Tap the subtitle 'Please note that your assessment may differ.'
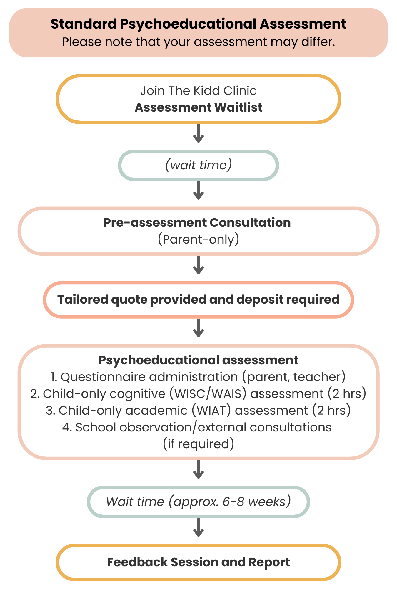point(199,42)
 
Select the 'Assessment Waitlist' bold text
point(199,107)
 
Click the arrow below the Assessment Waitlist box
point(199,134)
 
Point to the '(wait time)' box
point(199,165)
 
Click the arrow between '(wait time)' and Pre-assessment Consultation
point(199,191)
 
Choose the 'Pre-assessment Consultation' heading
point(197,223)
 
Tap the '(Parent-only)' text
point(199,239)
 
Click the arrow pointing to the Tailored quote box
point(199,265)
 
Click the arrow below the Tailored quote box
point(199,328)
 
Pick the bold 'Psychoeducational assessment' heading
point(199,360)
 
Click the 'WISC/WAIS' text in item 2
point(208,394)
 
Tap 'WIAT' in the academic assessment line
point(211,411)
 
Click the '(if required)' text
point(199,444)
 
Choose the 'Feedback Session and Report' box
point(199,562)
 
